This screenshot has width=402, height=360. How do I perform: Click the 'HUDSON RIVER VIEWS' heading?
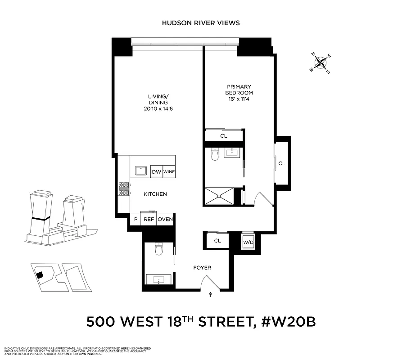pos(201,23)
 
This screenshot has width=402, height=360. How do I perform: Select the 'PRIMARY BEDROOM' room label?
pos(239,90)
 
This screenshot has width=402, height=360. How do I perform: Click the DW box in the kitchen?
pos(156,171)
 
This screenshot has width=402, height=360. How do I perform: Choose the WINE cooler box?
pos(169,171)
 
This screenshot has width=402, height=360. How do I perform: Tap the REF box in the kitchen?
pos(148,219)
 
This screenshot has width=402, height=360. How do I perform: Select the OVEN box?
pos(165,219)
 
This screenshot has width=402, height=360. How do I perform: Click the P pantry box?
pos(135,219)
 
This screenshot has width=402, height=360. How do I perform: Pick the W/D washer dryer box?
pos(248,242)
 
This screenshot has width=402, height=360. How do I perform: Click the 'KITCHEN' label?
pos(155,194)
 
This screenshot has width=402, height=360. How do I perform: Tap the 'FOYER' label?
pos(202,267)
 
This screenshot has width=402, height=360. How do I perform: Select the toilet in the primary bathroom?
pos(215,155)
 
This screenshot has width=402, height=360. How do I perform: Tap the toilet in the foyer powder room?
pos(158,250)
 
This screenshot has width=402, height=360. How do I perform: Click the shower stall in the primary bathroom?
pos(219,196)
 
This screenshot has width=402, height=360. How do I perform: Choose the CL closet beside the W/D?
pos(217,241)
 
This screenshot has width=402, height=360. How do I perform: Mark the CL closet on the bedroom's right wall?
pos(281,163)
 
